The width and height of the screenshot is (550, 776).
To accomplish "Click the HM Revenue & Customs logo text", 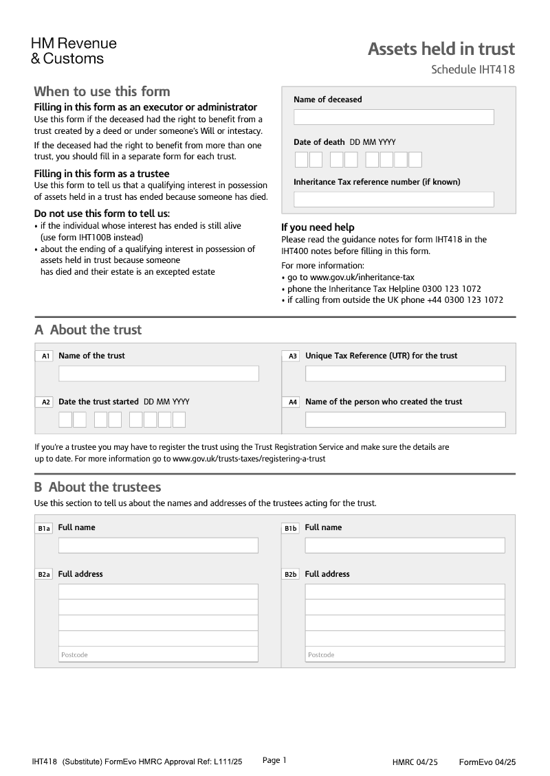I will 74,52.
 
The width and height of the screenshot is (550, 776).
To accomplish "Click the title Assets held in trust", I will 441,49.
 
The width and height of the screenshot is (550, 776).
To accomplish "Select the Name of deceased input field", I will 393,117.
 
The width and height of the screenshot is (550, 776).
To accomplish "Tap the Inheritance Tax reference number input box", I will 393,199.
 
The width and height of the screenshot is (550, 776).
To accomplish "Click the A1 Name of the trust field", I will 158,374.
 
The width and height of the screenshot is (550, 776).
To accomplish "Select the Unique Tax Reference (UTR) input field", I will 405,374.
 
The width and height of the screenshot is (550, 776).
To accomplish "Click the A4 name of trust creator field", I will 405,420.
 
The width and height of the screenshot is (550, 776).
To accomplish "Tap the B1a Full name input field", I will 158,545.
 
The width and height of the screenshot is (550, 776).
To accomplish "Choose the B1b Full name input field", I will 405,545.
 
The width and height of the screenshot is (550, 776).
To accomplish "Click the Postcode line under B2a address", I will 158,654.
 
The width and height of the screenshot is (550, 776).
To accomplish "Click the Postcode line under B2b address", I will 405,654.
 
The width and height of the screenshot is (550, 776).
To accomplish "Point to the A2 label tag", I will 45,402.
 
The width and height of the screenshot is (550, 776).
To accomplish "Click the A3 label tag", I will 292,356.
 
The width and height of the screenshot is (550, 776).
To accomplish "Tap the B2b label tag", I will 291,574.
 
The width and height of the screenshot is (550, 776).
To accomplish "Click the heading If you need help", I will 318,227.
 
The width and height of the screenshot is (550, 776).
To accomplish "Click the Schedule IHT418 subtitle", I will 472,69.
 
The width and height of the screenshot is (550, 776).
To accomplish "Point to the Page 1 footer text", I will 274,760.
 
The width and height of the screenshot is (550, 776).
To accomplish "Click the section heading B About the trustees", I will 98,487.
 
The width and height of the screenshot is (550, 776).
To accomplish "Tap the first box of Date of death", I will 301,160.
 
